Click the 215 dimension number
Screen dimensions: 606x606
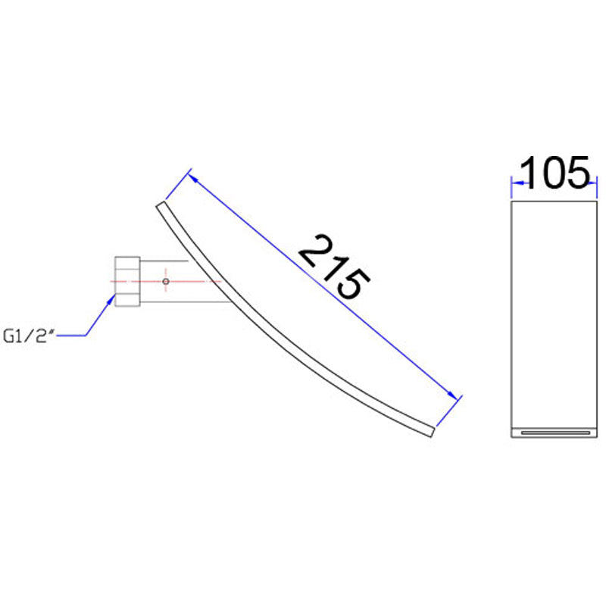(334, 267)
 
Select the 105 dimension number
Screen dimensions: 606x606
(555, 173)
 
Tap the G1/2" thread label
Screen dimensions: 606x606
(27, 336)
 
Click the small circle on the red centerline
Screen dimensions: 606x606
(166, 281)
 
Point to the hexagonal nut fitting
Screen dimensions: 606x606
(127, 281)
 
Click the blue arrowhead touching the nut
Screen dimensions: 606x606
(111, 300)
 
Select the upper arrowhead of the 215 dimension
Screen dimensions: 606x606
(194, 179)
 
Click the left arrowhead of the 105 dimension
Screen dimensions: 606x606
(517, 183)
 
